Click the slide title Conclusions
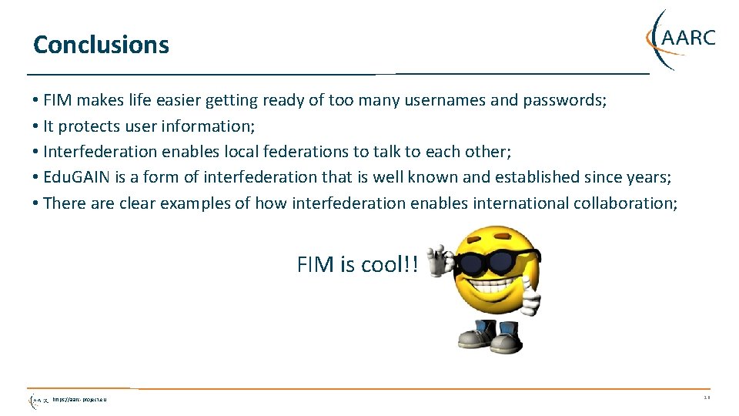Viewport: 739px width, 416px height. [101, 45]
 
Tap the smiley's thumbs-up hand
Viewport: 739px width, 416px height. [530, 300]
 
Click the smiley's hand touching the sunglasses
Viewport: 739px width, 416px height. [441, 260]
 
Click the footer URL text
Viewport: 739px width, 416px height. [80, 400]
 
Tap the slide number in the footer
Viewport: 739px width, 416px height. [707, 398]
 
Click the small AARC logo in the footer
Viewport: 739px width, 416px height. [38, 400]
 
